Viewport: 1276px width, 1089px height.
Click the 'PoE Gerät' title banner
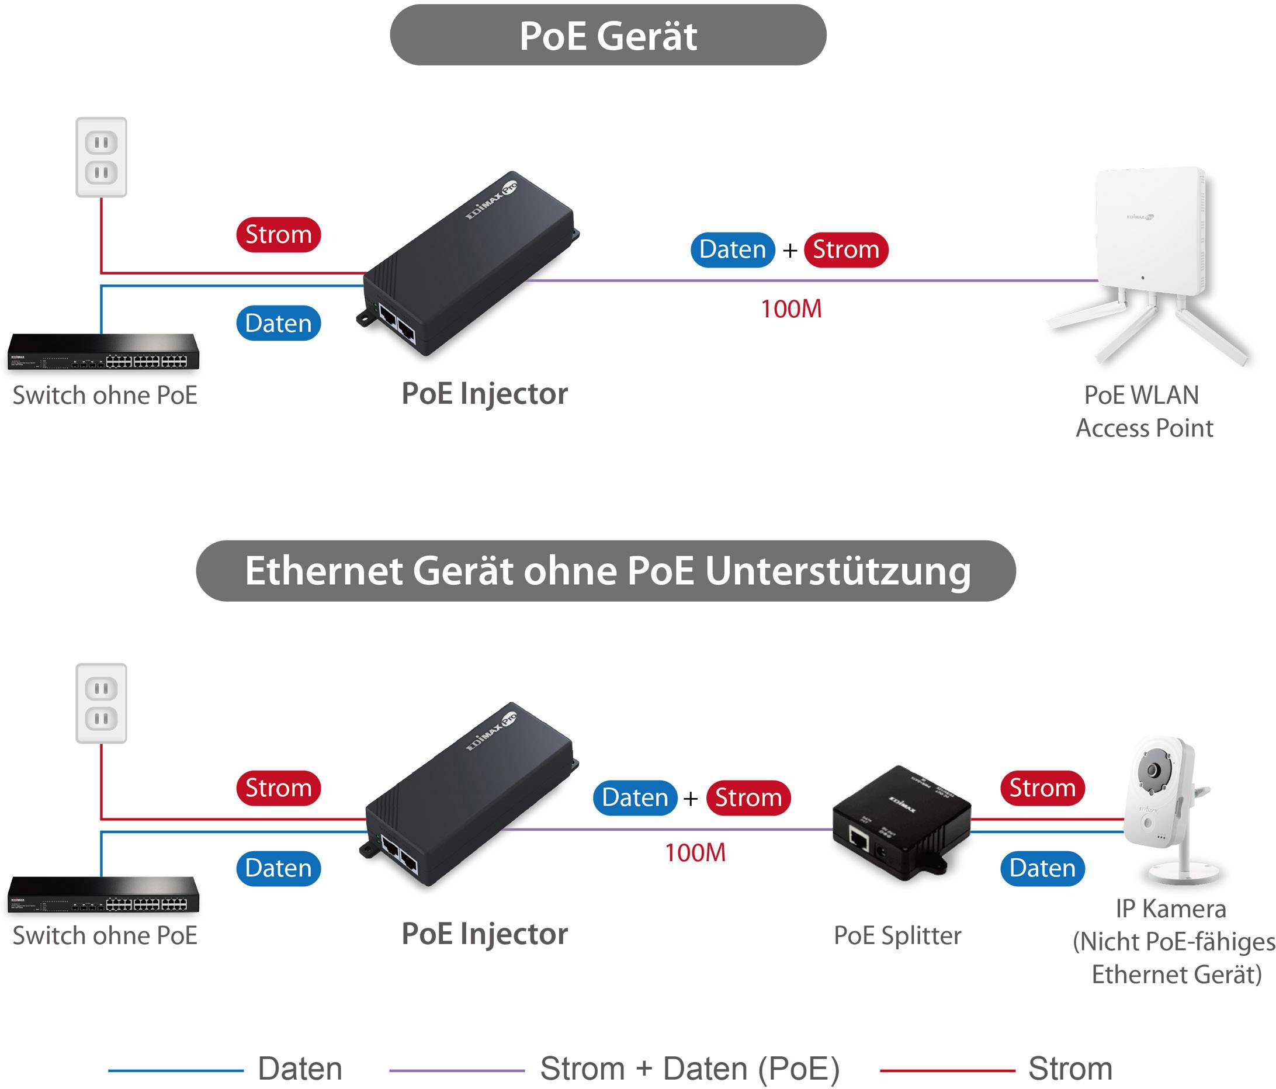[x=608, y=35]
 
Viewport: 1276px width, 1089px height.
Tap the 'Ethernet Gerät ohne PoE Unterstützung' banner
[x=606, y=571]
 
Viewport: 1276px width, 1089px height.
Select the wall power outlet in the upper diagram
[x=101, y=157]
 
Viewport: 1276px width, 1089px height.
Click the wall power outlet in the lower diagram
[x=101, y=703]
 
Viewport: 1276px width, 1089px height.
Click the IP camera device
[x=1164, y=807]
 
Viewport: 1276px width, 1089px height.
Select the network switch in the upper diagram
[x=103, y=352]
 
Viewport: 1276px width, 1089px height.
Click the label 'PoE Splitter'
[x=897, y=935]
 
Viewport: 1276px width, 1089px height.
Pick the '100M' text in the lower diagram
[x=695, y=853]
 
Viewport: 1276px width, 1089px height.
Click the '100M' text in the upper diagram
[x=791, y=309]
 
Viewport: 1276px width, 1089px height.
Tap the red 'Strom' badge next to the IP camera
[x=1042, y=788]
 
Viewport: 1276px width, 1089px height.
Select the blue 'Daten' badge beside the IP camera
[x=1042, y=869]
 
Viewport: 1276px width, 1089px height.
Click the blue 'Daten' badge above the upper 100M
[x=732, y=249]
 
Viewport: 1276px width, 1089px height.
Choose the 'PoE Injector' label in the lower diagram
[x=484, y=934]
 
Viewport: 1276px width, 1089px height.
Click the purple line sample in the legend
[x=456, y=1070]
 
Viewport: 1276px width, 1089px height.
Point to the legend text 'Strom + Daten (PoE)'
[x=690, y=1069]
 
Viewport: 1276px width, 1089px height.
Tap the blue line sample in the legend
[x=176, y=1070]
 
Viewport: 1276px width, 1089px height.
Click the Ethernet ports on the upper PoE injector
[x=397, y=324]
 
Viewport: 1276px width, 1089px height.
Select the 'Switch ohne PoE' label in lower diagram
[x=105, y=935]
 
